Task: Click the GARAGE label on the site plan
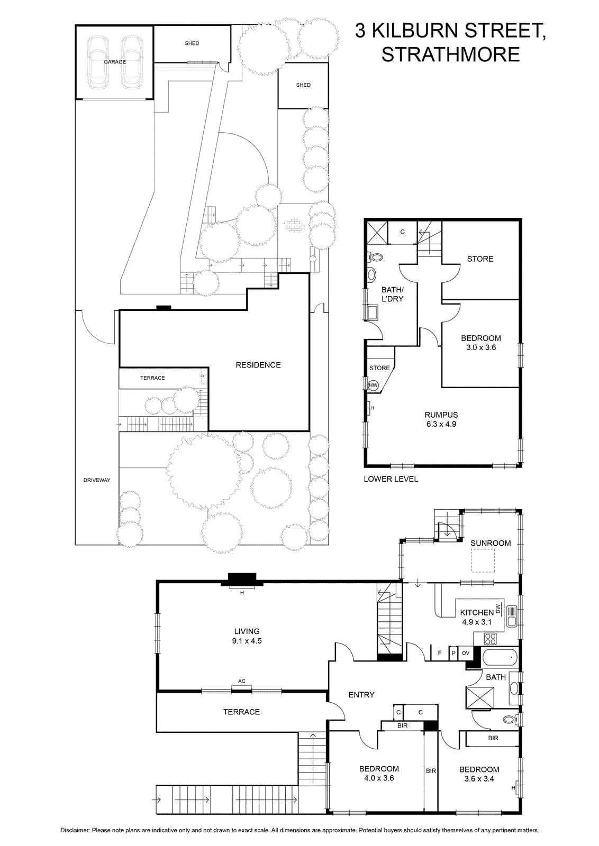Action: click(115, 61)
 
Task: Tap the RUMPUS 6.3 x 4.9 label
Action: click(441, 419)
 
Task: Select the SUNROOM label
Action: click(491, 543)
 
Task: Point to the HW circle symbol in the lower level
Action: click(374, 385)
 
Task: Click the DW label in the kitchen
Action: click(498, 609)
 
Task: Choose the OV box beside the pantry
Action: click(466, 652)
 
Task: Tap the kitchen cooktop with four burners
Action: click(491, 639)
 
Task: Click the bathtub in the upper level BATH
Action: click(500, 658)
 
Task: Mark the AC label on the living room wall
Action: click(242, 681)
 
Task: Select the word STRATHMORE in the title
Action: click(450, 54)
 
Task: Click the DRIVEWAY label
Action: click(97, 480)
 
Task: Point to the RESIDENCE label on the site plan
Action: click(258, 365)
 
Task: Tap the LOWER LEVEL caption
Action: click(391, 479)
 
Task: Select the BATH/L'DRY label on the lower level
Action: click(392, 294)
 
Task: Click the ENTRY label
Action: click(361, 695)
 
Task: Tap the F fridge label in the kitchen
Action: click(440, 652)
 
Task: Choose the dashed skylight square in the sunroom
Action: click(483, 560)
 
